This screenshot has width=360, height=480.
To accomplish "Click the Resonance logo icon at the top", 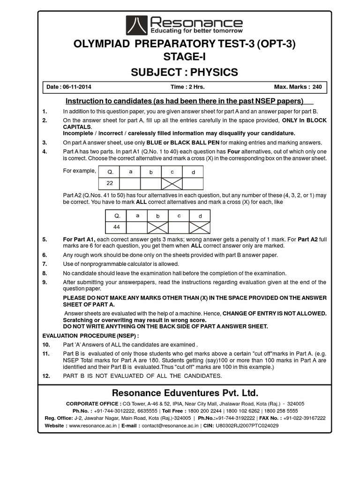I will tap(136, 25).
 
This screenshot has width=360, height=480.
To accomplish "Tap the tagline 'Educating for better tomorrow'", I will tap(196, 31).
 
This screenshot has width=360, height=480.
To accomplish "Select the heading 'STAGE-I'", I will tap(184, 57).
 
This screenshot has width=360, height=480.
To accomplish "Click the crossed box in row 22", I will tap(172, 183).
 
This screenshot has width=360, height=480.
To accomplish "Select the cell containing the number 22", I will tap(109, 183).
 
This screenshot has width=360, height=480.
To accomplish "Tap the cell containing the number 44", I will tap(117, 227).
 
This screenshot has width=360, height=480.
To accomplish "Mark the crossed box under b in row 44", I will tap(158, 227).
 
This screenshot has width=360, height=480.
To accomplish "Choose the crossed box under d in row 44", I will tap(200, 227).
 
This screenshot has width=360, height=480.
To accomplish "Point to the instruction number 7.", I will tap(44, 264).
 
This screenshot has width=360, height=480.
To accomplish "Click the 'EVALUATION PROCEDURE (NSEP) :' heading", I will tap(90, 336).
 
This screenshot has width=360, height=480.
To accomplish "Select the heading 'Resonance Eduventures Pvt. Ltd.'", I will tap(184, 392).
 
